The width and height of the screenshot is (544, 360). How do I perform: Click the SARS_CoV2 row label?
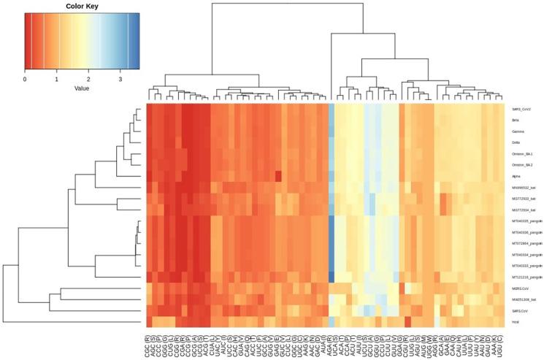[521, 109]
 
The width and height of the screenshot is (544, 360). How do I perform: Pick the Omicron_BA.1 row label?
[522, 154]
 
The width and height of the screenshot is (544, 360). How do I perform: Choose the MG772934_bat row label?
[523, 210]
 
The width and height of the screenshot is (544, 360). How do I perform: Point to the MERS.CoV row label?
[521, 288]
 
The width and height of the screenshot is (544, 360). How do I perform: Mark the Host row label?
[516, 321]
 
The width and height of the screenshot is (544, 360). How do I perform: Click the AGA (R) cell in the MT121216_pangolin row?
[332, 277]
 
